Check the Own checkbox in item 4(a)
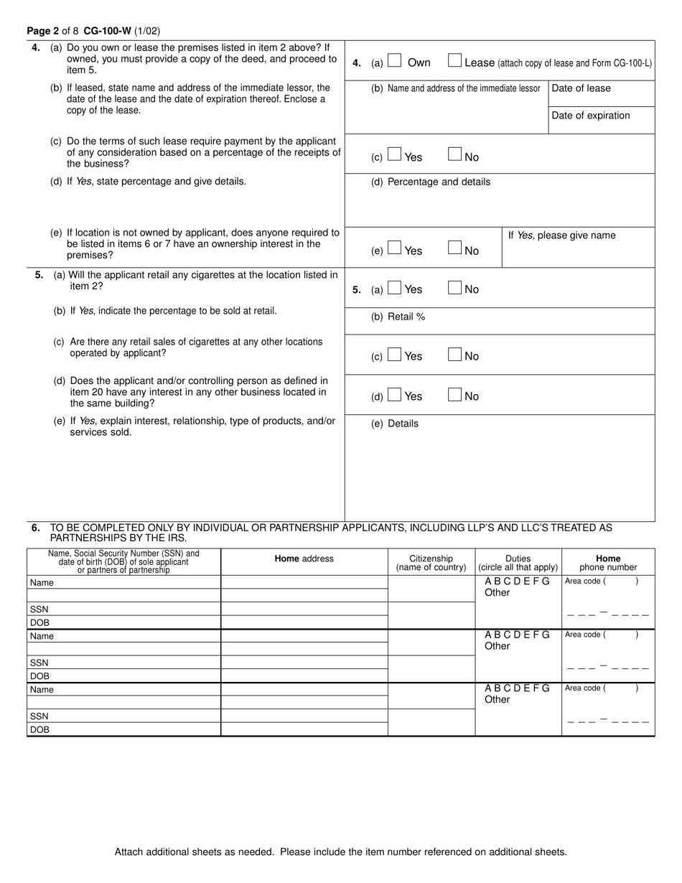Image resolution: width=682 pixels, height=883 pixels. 394,62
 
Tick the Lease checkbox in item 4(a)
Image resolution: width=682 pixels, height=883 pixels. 454,62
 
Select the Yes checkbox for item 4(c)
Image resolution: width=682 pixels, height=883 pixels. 394,154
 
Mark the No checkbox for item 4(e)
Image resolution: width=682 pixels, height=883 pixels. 454,248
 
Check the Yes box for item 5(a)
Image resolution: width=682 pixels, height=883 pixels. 394,288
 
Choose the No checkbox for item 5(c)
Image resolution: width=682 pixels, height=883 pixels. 454,355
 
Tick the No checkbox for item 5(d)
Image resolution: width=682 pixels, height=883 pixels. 454,395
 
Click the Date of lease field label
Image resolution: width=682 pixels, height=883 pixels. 581,88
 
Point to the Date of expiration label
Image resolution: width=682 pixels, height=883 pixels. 590,116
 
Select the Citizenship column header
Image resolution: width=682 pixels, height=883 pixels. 431,559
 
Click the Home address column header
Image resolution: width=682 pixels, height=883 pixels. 304,559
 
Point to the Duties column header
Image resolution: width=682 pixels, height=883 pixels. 518,559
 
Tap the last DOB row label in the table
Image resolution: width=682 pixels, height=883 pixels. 39,729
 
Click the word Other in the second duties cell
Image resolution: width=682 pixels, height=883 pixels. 497,646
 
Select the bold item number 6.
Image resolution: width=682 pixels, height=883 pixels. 36,528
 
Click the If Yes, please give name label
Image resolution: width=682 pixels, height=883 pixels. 561,235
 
